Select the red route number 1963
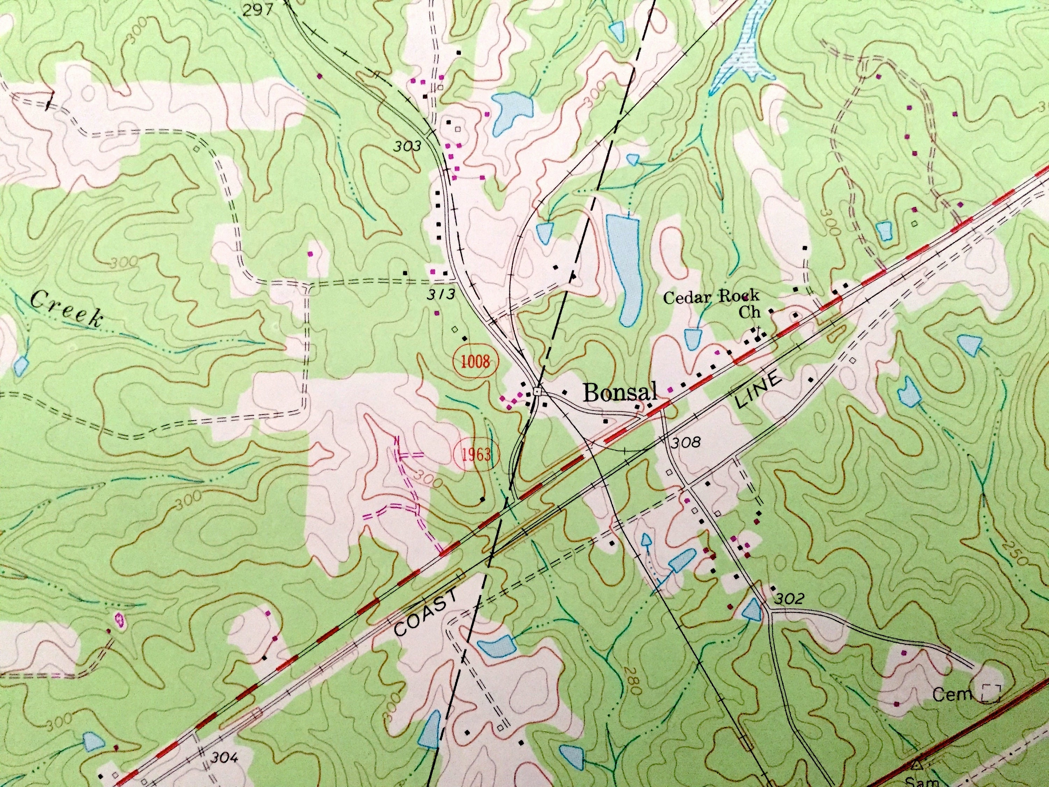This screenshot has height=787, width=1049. pyautogui.click(x=476, y=454)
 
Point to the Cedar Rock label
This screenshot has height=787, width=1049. pyautogui.click(x=711, y=297)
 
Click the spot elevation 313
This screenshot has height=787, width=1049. pyautogui.click(x=439, y=294)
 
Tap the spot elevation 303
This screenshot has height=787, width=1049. pyautogui.click(x=407, y=147)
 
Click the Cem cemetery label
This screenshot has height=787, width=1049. pyautogui.click(x=952, y=695)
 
